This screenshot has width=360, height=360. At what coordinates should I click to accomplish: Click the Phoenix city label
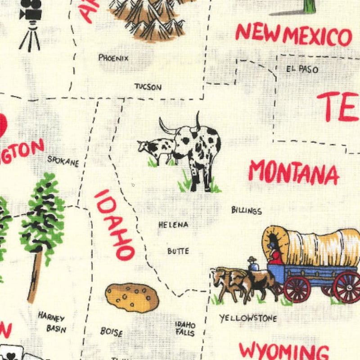point(113,58)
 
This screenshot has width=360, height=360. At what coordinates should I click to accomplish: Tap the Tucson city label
point(148,87)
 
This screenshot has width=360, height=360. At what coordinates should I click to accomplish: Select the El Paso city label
point(302,69)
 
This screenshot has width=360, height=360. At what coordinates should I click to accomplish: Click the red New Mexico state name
point(293,35)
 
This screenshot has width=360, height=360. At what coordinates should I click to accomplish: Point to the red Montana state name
point(293,172)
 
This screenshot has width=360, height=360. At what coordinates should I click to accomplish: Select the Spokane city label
point(63,161)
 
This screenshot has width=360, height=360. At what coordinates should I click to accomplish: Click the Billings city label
point(246,210)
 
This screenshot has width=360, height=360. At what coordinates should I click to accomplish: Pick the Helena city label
point(173,225)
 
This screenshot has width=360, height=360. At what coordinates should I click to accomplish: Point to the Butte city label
point(178,251)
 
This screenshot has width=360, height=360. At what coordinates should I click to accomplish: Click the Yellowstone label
point(248,318)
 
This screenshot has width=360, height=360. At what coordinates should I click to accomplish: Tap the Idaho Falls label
point(185,329)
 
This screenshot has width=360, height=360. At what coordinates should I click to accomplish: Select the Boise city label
point(111,332)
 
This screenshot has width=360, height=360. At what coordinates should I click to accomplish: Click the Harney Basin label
point(52,322)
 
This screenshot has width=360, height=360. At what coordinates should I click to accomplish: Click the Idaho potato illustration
point(132,297)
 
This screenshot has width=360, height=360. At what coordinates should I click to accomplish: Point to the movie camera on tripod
point(30,22)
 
